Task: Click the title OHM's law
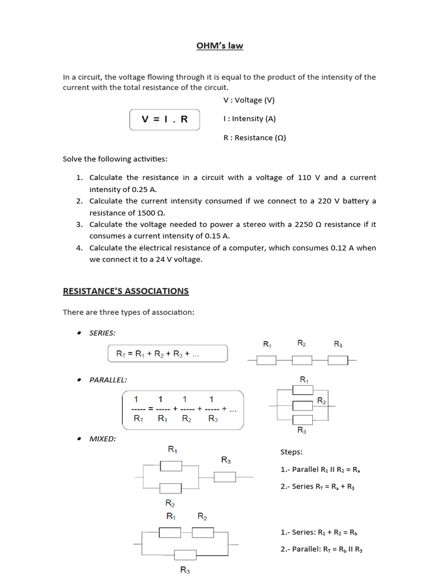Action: point(220,45)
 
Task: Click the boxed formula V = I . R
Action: point(164,119)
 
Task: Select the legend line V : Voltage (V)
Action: point(249,100)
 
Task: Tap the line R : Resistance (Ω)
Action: point(254,138)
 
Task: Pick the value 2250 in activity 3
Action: point(304,225)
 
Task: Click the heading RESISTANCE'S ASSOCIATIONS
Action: point(125,291)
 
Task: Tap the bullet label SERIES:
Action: point(102,333)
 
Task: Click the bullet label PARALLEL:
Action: point(108,379)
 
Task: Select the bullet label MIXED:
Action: point(103,439)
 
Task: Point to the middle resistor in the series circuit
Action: point(302,360)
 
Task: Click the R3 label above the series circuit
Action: point(338,344)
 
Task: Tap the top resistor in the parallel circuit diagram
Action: point(302,390)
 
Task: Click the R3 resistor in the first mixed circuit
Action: point(225,476)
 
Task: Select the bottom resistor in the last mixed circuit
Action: point(185,554)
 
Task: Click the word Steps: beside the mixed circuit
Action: point(291,452)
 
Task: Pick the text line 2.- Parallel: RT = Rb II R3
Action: point(321,549)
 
